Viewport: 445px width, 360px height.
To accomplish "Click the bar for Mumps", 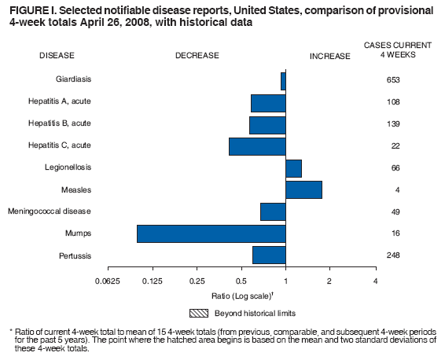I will (x=211, y=233).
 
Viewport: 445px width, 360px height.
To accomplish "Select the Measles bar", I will (x=303, y=189).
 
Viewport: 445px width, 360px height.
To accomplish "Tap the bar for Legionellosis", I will (x=293, y=168).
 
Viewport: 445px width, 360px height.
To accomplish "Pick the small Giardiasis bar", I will (x=283, y=80).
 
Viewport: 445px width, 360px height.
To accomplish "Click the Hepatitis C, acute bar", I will (x=257, y=146).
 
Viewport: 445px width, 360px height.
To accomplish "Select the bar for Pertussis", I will (x=269, y=255).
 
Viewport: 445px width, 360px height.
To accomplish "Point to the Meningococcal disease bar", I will (x=273, y=211).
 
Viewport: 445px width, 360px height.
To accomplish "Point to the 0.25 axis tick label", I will (x=197, y=281).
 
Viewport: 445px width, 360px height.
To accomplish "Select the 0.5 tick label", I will (x=241, y=281).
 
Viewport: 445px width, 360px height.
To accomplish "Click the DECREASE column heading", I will (x=197, y=56).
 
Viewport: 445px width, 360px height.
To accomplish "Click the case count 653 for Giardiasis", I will (x=394, y=80).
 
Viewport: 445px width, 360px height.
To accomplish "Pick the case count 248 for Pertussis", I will (x=394, y=255).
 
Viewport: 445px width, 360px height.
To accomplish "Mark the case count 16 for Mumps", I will (x=394, y=233).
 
